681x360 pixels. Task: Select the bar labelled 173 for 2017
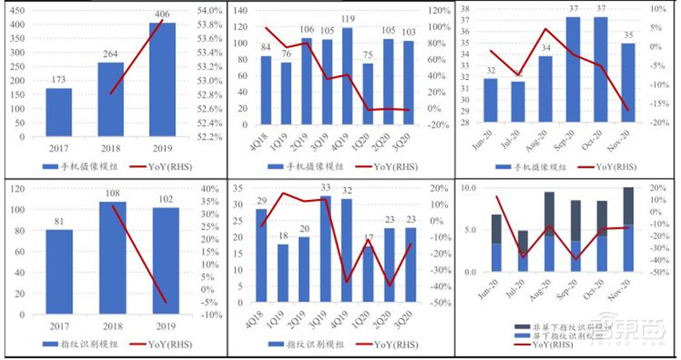pos(59,112)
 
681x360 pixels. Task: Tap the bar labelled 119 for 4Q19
pos(347,76)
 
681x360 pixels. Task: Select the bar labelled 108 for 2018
pos(111,256)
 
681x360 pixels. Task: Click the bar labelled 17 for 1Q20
pos(368,277)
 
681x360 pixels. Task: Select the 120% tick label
pos(439,10)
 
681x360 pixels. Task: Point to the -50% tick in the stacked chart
pos(659,273)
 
